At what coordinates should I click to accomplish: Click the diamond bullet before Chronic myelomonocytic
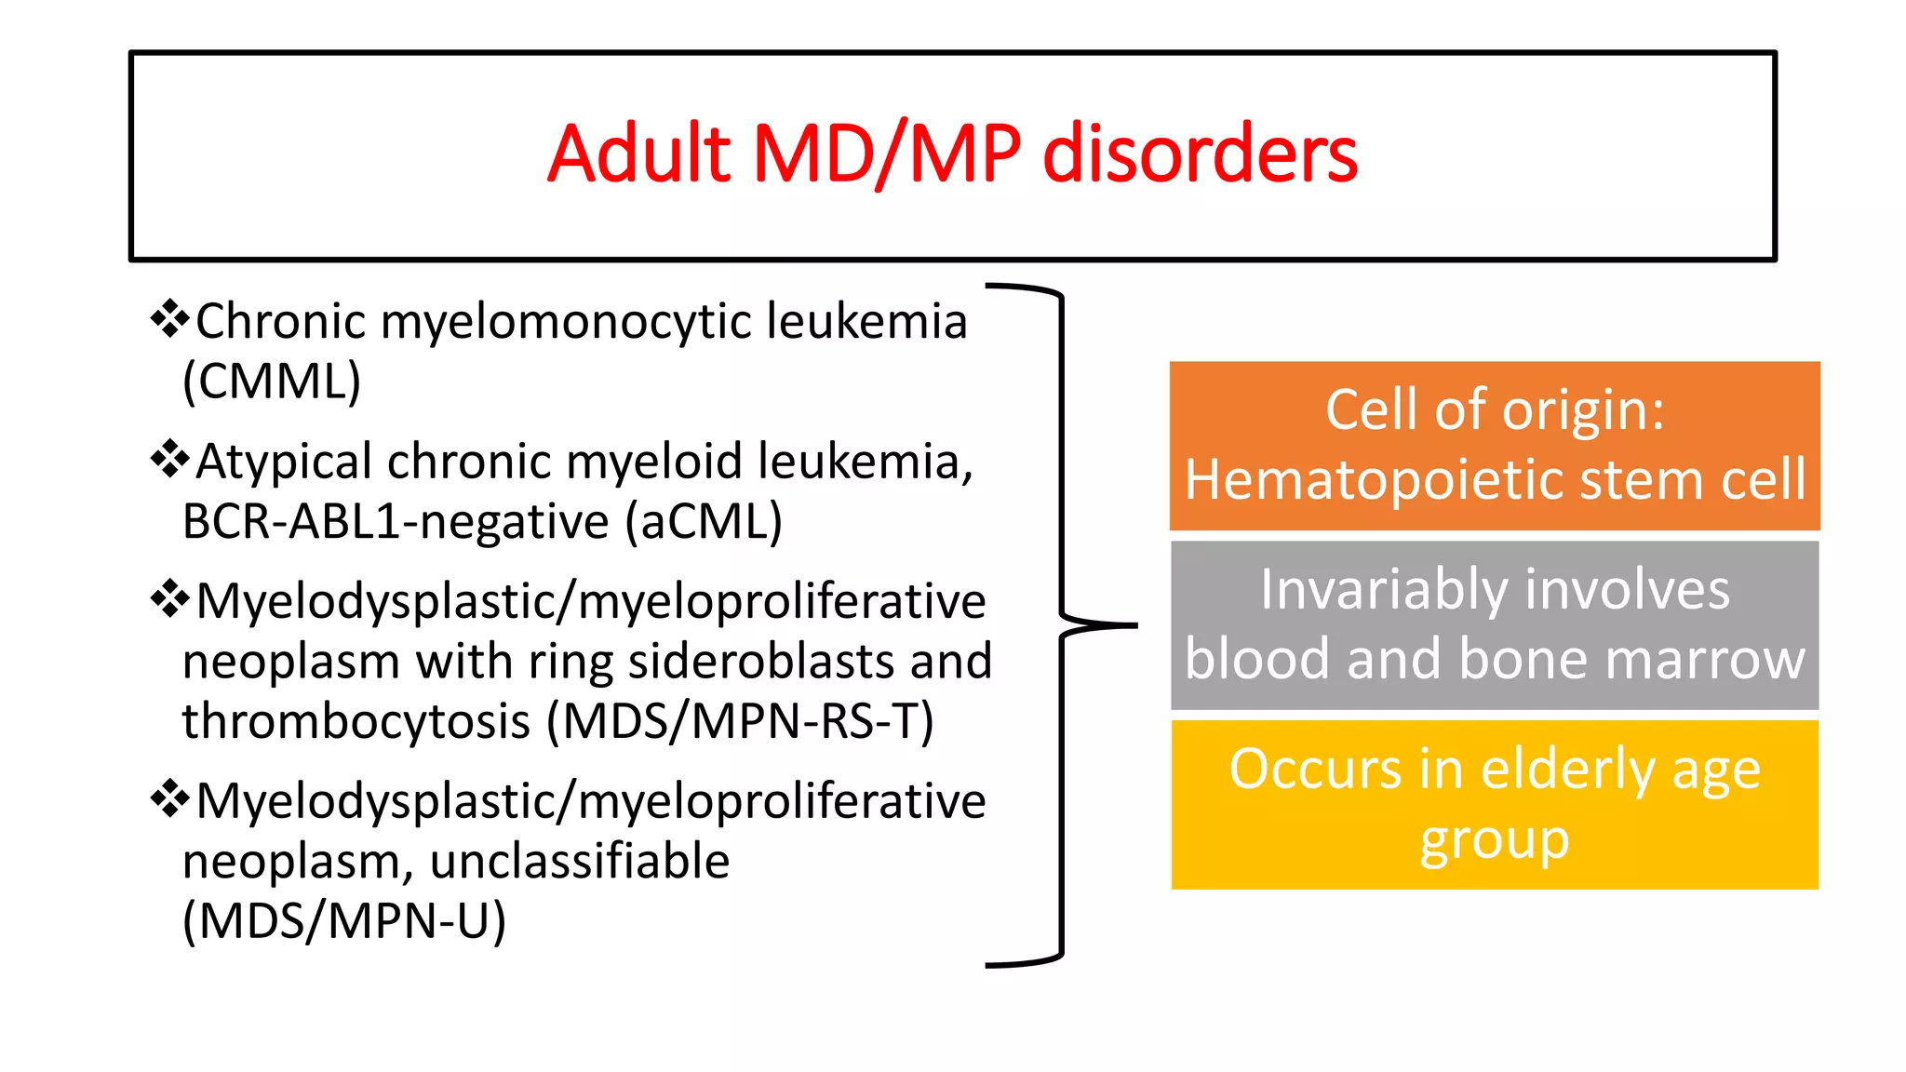(x=169, y=319)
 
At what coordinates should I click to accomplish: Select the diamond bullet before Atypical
(x=169, y=459)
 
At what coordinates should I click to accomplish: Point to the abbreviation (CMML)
(x=272, y=381)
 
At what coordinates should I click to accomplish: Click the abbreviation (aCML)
(x=704, y=521)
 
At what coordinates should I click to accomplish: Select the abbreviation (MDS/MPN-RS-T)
(x=740, y=721)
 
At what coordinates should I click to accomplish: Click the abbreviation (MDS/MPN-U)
(x=344, y=921)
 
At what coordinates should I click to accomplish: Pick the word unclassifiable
(x=580, y=861)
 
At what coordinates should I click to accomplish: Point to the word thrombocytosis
(x=356, y=721)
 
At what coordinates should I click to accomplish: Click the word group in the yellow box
(x=1495, y=840)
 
